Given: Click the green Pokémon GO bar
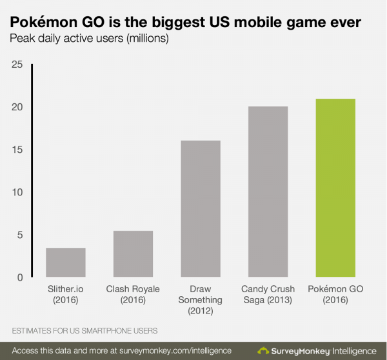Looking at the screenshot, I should [335, 188].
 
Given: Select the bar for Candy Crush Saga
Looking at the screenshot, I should [268, 192].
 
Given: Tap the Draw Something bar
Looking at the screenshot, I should [200, 208].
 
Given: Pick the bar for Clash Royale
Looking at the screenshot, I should [133, 254].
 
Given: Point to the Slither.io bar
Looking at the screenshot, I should [66, 262].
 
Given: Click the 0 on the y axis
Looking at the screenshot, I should [18, 277].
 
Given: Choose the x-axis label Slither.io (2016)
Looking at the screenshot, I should [66, 294].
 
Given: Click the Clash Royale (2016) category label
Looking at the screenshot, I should [133, 294].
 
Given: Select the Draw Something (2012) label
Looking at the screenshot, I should [200, 300].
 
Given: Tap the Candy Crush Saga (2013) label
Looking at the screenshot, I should [268, 294].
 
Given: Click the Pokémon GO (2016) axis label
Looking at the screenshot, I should [335, 294].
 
